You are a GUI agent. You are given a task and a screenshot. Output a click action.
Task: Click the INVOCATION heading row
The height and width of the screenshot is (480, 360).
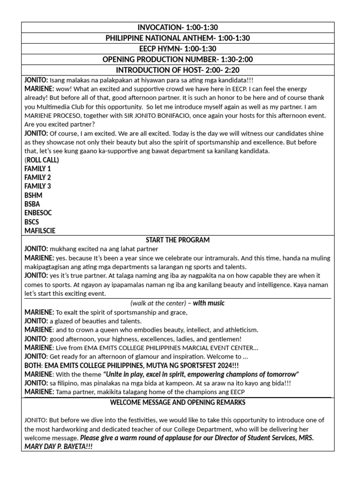click(x=178, y=28)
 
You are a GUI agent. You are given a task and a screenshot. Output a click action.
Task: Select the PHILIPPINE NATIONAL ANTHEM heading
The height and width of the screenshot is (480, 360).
click(x=178, y=38)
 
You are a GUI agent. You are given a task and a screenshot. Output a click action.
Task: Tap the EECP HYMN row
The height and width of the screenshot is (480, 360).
click(x=178, y=49)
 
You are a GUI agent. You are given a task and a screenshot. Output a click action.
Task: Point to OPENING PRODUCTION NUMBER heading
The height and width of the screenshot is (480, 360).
click(x=178, y=60)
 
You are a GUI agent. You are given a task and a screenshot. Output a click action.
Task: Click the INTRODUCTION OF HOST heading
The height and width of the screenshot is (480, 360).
click(x=178, y=70)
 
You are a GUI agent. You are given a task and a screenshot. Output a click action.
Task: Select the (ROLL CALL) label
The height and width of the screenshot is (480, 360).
click(x=42, y=160)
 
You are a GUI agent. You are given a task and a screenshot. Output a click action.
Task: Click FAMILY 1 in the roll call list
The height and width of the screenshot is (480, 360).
click(x=37, y=169)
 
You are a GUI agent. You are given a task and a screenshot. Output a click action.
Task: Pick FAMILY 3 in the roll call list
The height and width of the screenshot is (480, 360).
click(x=37, y=186)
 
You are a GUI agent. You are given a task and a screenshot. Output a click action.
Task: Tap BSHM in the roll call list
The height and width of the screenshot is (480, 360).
click(x=33, y=195)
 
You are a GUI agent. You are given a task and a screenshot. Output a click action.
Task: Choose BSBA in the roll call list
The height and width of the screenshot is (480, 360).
click(x=32, y=204)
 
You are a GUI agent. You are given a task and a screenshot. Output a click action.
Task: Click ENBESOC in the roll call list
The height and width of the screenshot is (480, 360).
click(x=38, y=213)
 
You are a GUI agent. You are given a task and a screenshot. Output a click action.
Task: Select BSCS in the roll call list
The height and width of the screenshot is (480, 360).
click(x=31, y=222)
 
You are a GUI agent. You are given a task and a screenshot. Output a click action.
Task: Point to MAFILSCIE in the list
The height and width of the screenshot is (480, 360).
click(x=40, y=231)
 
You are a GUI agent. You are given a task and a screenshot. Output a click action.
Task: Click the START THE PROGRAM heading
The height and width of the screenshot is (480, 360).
click(x=178, y=240)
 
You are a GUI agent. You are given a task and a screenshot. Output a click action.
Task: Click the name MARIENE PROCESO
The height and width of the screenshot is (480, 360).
click(x=52, y=115)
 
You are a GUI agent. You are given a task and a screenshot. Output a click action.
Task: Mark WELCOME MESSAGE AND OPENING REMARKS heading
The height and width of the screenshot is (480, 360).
click(x=178, y=403)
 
